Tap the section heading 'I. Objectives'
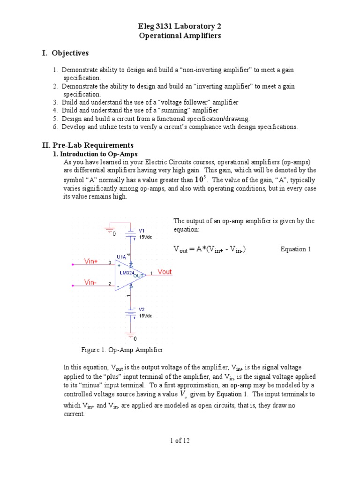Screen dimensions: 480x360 pyautogui.click(x=65, y=53)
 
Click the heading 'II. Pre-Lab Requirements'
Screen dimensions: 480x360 pyautogui.click(x=88, y=145)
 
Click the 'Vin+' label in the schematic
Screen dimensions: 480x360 pyautogui.click(x=91, y=261)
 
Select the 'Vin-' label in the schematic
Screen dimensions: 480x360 pyautogui.click(x=90, y=282)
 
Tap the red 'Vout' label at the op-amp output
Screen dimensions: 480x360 pyautogui.click(x=165, y=272)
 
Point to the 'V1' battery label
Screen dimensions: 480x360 pyautogui.click(x=141, y=231)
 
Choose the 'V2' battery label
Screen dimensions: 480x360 pyautogui.click(x=141, y=309)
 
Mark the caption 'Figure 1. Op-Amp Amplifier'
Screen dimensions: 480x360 pyautogui.click(x=122, y=350)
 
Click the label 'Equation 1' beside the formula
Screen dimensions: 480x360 pyautogui.click(x=296, y=249)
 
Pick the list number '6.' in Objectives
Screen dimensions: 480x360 pyautogui.click(x=55, y=127)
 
